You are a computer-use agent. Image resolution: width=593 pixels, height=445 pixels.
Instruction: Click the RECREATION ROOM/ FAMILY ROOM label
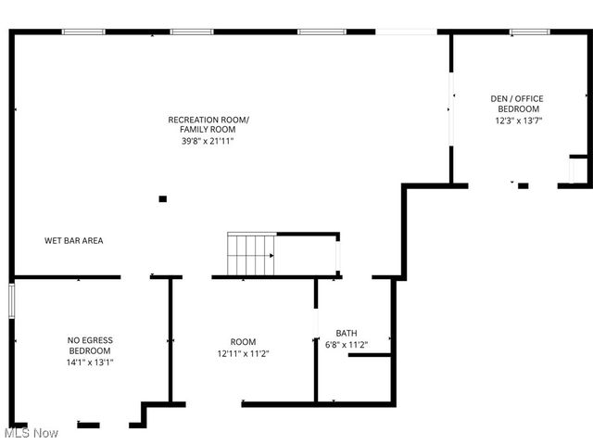tap(208, 124)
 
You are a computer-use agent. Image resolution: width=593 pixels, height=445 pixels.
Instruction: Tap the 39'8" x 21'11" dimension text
tap(208, 141)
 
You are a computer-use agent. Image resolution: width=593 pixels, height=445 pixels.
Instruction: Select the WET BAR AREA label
tap(74, 241)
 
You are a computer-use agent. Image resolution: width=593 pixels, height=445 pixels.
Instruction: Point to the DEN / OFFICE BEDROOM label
tap(517, 104)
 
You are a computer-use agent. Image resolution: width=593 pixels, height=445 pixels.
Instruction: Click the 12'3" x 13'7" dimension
tap(517, 120)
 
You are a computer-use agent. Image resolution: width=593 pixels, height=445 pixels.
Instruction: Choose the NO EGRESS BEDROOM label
tap(90, 346)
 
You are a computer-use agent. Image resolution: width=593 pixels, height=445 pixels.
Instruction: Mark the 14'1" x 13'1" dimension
tap(90, 362)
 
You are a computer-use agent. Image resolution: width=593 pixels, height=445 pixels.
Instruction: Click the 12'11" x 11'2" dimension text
tap(244, 353)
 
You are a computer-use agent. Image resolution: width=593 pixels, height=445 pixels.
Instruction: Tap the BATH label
tap(347, 334)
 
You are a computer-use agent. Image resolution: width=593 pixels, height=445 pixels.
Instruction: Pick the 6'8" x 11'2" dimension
tap(347, 345)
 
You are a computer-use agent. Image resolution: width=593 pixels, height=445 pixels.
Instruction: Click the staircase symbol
tap(252, 254)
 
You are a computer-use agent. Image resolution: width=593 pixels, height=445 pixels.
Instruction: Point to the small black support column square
tap(163, 198)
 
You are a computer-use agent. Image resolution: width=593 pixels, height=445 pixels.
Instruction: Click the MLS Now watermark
tap(32, 433)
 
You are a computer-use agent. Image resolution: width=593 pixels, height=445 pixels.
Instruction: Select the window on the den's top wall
tap(530, 32)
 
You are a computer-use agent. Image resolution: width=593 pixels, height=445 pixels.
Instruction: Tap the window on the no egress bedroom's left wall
tap(12, 301)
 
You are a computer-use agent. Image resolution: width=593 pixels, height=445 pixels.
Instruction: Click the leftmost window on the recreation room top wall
tap(83, 32)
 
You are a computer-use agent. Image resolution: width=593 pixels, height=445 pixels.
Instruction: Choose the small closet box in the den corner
tap(578, 172)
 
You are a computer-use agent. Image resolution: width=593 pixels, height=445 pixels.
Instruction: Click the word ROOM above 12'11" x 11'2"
tap(244, 342)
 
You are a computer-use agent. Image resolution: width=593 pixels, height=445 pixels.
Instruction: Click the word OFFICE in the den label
tap(530, 98)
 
